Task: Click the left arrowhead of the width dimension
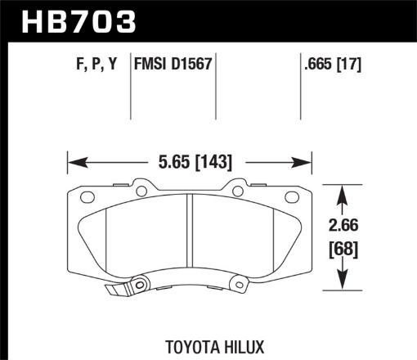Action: (72, 160)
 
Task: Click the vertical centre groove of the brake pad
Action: (190, 237)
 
